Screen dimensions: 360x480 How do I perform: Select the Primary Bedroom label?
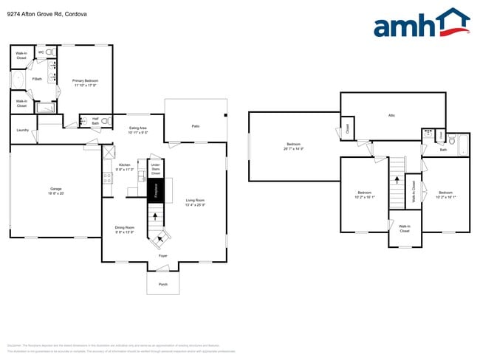pyautogui.click(x=85, y=83)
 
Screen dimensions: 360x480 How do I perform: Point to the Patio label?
pyautogui.click(x=196, y=126)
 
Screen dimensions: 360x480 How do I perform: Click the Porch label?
pyautogui.click(x=162, y=284)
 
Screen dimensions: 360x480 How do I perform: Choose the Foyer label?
pyautogui.click(x=162, y=255)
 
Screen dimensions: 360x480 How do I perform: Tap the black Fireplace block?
pyautogui.click(x=155, y=191)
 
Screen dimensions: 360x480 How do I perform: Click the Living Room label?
pyautogui.click(x=195, y=203)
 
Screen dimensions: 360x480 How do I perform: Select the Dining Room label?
pyautogui.click(x=124, y=229)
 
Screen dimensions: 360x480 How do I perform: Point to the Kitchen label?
pyautogui.click(x=124, y=167)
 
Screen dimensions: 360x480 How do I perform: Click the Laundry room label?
pyautogui.click(x=22, y=131)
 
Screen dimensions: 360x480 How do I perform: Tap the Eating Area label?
pyautogui.click(x=138, y=131)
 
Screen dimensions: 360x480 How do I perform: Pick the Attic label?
pyautogui.click(x=391, y=115)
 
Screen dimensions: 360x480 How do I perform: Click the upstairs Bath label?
pyautogui.click(x=443, y=150)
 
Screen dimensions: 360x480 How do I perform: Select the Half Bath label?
pyautogui.click(x=95, y=122)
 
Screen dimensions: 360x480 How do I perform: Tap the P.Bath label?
pyautogui.click(x=37, y=79)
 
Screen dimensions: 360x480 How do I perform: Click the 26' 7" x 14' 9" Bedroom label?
pyautogui.click(x=294, y=146)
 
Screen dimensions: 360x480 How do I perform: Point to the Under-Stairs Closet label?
pyautogui.click(x=155, y=170)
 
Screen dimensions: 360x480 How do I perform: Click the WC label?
pyautogui.click(x=41, y=52)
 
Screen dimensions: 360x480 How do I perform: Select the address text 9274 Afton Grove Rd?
pyautogui.click(x=38, y=13)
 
